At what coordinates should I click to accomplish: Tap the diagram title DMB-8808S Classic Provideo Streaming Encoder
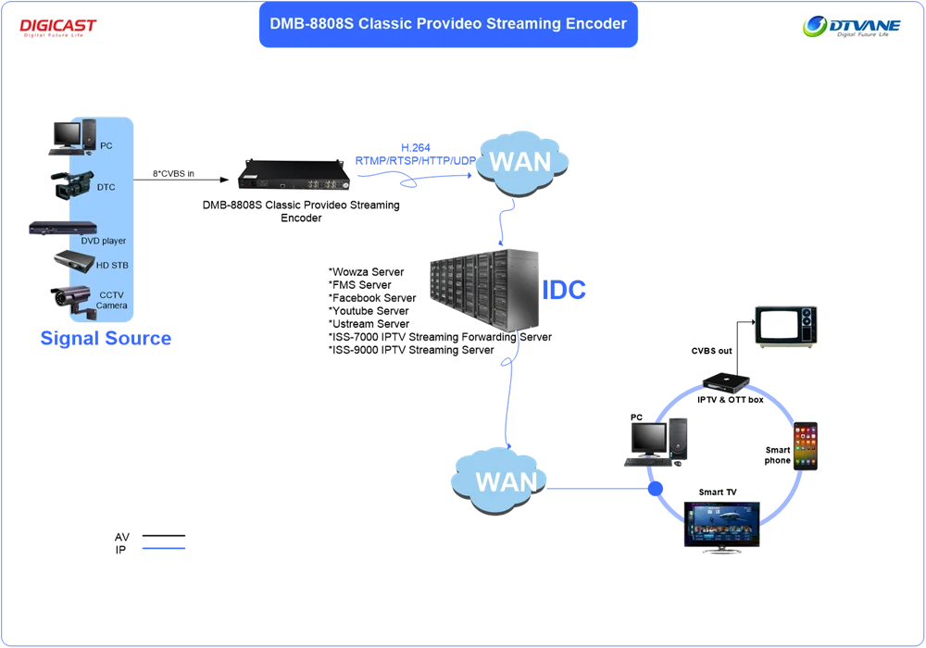(448, 24)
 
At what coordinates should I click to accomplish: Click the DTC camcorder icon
(71, 184)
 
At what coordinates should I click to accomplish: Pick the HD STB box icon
(72, 259)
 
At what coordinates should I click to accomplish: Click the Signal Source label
(105, 338)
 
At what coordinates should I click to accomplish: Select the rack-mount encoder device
(293, 174)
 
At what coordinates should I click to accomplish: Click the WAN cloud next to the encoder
(520, 163)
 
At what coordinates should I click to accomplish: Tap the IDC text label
(563, 291)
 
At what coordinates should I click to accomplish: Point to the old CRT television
(785, 327)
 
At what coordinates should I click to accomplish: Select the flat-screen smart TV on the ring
(722, 523)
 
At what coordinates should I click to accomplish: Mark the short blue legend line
(166, 548)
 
